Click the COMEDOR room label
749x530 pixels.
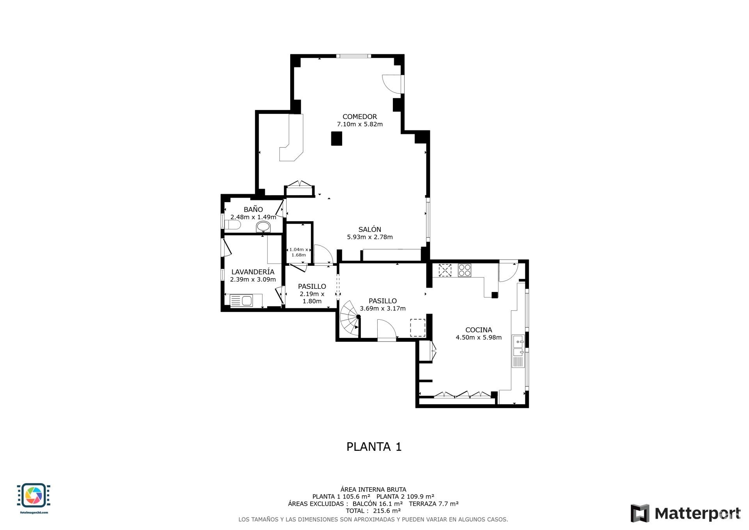pos(360,116)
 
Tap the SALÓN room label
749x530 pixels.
pos(370,229)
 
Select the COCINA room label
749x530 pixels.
pos(479,330)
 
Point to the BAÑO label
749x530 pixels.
pos(253,210)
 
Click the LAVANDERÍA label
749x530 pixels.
pos(253,272)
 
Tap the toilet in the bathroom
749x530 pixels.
pos(233,225)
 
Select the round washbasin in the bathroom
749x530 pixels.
pos(263,227)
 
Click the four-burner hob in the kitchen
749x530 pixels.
pos(464,270)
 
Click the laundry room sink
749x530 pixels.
pos(247,301)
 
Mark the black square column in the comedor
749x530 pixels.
pos(336,139)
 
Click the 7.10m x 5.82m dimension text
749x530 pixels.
pos(360,124)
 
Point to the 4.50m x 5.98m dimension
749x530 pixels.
pos(479,338)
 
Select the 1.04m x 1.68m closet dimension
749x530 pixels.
pos(299,252)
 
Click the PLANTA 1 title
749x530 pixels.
pos(374,446)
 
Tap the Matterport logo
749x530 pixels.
pos(685,513)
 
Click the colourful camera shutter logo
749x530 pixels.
pos(34,496)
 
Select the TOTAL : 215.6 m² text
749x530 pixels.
pos(373,510)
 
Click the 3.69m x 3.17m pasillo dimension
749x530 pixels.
pos(383,309)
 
